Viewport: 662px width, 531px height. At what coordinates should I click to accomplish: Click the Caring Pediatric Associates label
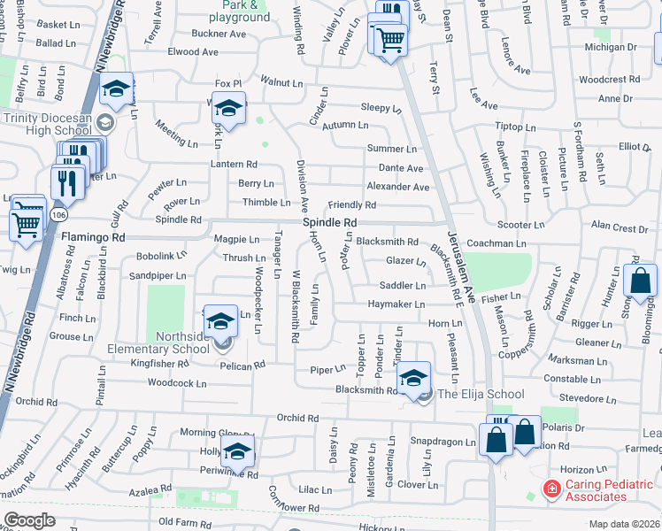610,490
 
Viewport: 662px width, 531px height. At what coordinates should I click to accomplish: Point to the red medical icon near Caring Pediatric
551,489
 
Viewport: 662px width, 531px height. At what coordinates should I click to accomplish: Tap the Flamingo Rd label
93,237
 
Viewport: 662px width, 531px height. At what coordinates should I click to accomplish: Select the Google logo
30,520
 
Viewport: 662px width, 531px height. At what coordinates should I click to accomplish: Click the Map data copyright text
624,524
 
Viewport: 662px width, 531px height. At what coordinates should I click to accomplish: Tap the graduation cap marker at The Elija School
412,379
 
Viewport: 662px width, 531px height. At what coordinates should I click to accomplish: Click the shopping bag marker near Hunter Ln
639,281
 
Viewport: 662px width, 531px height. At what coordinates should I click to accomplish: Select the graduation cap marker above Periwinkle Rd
236,451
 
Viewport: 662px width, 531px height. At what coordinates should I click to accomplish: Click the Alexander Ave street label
397,187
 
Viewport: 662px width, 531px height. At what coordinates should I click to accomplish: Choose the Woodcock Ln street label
177,383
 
